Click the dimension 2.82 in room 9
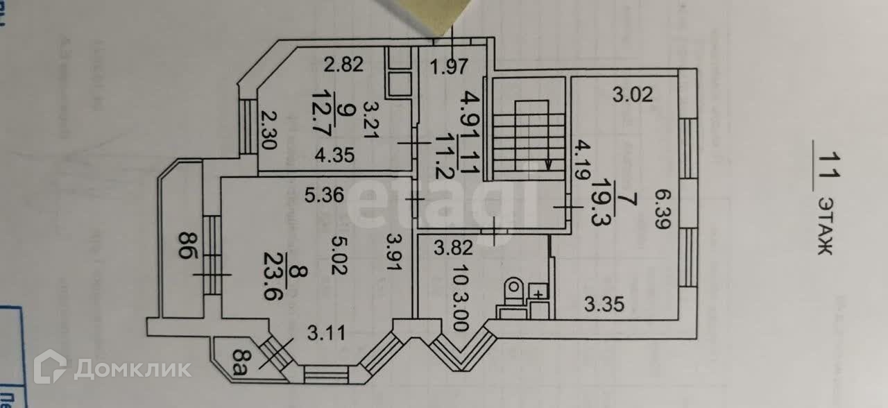[x=344, y=66]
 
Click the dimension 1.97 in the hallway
[x=449, y=67]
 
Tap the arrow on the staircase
[x=549, y=164]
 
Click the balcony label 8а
[x=239, y=363]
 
